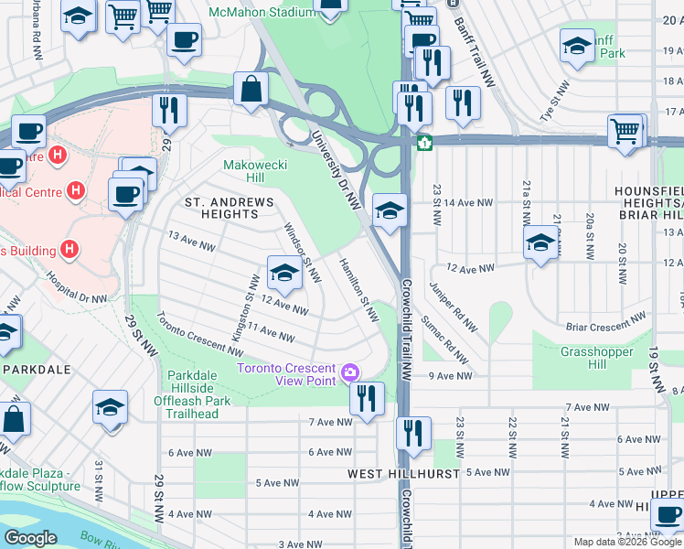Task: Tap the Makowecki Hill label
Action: (256, 171)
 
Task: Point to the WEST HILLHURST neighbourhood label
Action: (395, 475)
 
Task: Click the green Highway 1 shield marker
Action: (425, 144)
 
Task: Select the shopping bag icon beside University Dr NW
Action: (250, 90)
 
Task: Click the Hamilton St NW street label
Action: (358, 290)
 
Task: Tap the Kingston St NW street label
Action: (242, 308)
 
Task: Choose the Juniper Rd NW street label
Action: (454, 311)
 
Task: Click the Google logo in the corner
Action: (30, 537)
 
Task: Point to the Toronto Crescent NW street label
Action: (198, 335)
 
